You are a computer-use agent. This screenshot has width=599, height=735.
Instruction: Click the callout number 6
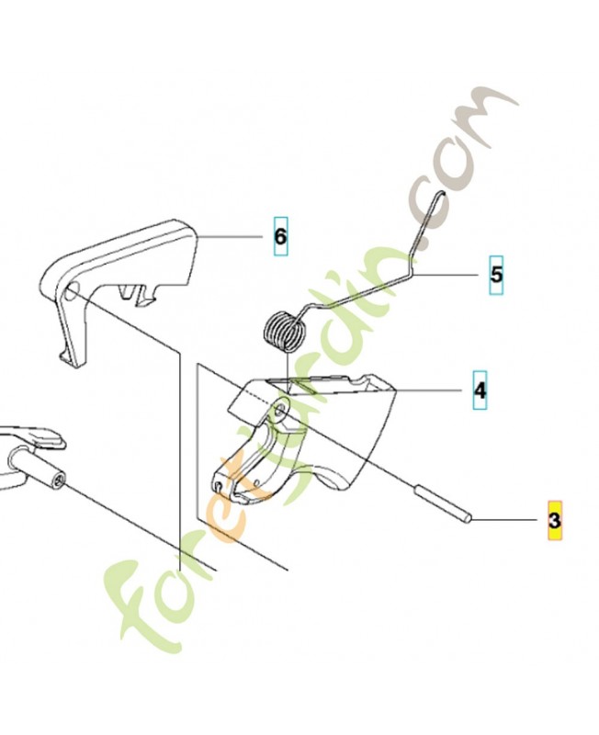(280, 237)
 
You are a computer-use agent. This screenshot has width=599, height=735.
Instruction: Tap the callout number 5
(496, 275)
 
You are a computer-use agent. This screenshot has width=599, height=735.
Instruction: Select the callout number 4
(480, 390)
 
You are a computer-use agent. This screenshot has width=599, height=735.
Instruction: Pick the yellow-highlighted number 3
(555, 520)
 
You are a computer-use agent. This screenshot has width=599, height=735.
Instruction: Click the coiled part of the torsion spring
(282, 332)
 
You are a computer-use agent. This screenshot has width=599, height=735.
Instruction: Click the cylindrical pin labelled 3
(443, 505)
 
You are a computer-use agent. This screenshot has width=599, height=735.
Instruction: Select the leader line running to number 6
(230, 238)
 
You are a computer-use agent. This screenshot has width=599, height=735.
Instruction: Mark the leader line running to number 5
(444, 275)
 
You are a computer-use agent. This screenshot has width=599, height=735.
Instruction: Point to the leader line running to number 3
(504, 519)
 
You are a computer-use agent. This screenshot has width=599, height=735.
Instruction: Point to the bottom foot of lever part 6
(72, 358)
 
